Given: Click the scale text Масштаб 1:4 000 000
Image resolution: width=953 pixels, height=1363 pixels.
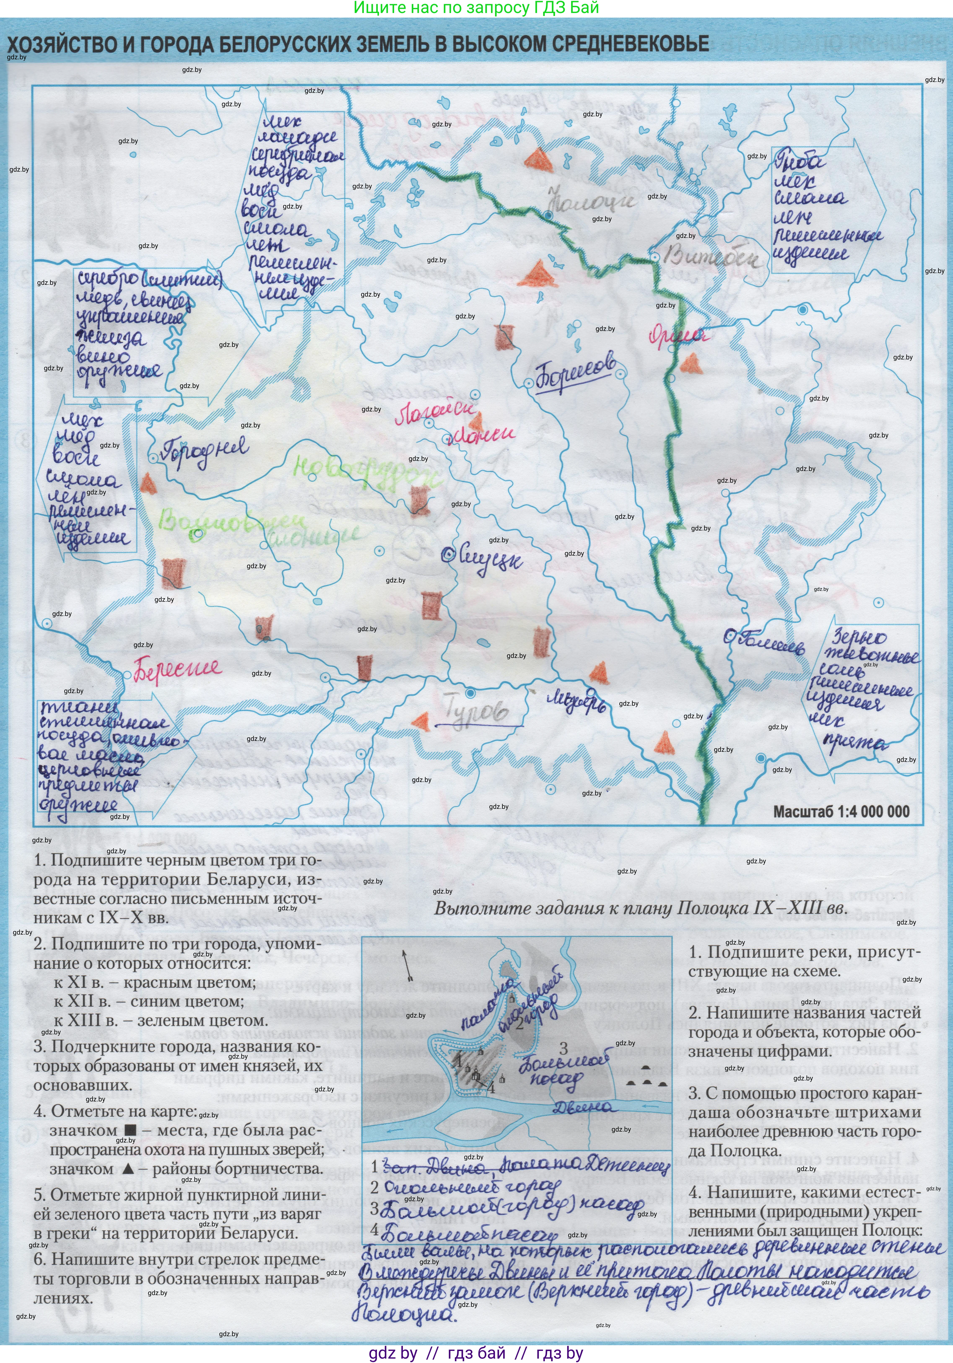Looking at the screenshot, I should coord(841,812).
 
